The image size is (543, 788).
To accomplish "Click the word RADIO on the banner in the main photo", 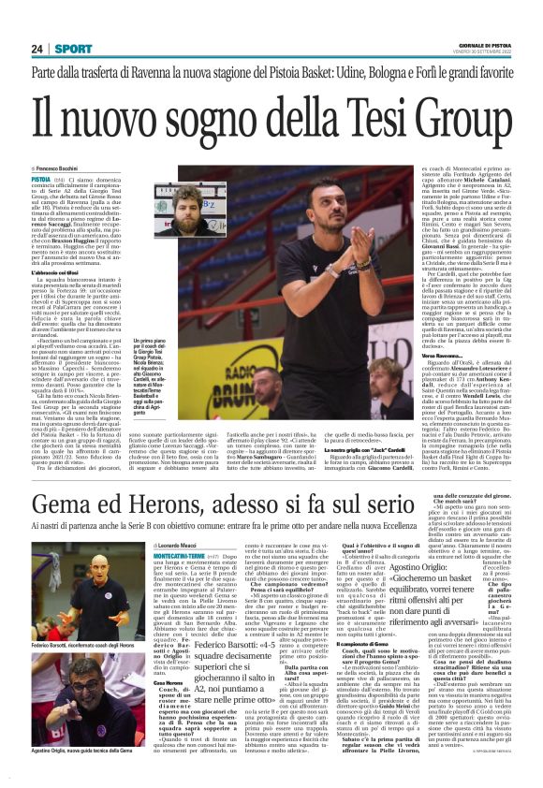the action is click(x=247, y=372).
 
